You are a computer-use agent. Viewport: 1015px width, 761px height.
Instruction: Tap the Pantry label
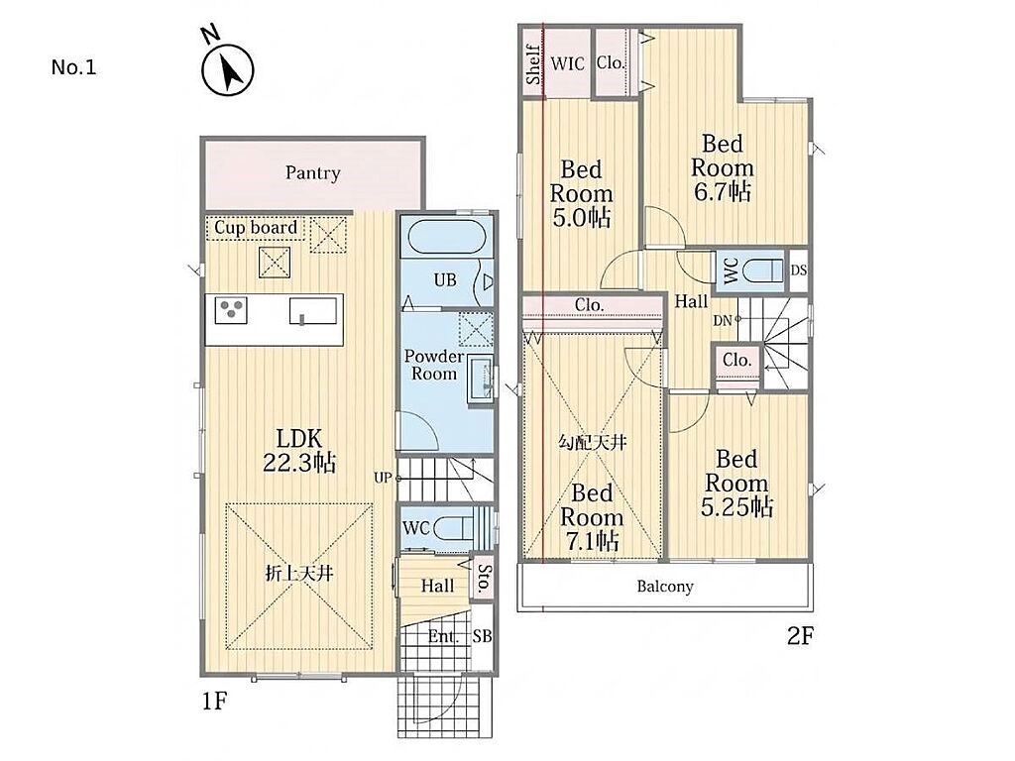(312, 172)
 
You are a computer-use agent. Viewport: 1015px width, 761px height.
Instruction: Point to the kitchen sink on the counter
(312, 310)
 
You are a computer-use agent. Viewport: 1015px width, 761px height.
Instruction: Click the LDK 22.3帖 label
(299, 451)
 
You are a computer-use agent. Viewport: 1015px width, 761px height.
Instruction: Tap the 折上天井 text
(299, 574)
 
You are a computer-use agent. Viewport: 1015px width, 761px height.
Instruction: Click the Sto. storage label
(483, 579)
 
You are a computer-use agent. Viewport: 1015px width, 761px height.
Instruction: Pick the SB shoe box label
(482, 636)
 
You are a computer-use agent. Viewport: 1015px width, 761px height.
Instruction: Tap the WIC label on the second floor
(568, 63)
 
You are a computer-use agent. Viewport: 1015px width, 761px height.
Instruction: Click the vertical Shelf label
(533, 64)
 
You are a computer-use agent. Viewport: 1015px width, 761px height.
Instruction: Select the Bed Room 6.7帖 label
(723, 167)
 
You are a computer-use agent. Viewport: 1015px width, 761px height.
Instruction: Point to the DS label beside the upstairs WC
(799, 270)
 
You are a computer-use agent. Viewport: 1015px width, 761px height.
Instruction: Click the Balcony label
(665, 587)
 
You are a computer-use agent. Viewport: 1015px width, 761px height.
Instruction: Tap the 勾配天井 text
(593, 443)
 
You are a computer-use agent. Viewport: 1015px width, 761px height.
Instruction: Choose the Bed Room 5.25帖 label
(736, 484)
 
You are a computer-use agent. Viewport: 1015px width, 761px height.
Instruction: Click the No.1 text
(73, 67)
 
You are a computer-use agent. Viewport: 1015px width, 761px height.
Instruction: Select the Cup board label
(256, 228)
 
